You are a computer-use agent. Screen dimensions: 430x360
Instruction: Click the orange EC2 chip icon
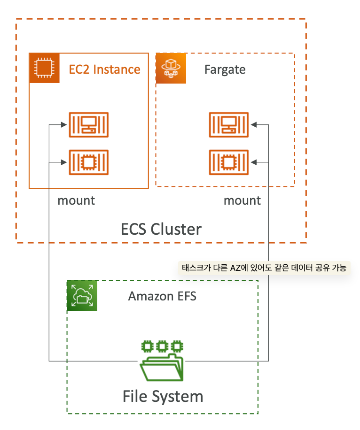click(x=44, y=69)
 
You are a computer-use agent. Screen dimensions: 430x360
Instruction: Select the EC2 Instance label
click(x=104, y=69)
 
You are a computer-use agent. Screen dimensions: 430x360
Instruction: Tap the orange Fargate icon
click(x=171, y=69)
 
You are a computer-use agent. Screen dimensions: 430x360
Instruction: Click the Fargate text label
click(x=225, y=70)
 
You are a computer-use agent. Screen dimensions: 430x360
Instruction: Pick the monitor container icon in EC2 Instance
click(x=89, y=124)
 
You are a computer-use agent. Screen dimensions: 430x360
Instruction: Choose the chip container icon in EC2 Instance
click(x=89, y=162)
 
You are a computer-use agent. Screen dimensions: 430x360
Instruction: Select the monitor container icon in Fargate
click(x=229, y=124)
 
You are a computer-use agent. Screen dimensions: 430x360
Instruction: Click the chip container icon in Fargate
click(x=229, y=162)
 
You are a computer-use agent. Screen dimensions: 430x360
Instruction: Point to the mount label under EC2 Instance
click(x=76, y=200)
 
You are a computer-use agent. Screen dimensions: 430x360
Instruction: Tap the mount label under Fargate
click(x=242, y=200)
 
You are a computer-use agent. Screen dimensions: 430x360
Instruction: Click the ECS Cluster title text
click(x=161, y=229)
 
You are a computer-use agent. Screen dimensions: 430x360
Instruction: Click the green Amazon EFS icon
click(x=82, y=296)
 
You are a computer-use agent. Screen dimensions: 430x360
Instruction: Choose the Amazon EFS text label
click(x=162, y=297)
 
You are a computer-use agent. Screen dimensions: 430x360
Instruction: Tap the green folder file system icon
click(x=162, y=361)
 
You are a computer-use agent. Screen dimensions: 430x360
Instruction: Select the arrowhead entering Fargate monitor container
click(x=254, y=124)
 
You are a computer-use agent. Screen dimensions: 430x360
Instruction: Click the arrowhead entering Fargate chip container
click(x=254, y=162)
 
